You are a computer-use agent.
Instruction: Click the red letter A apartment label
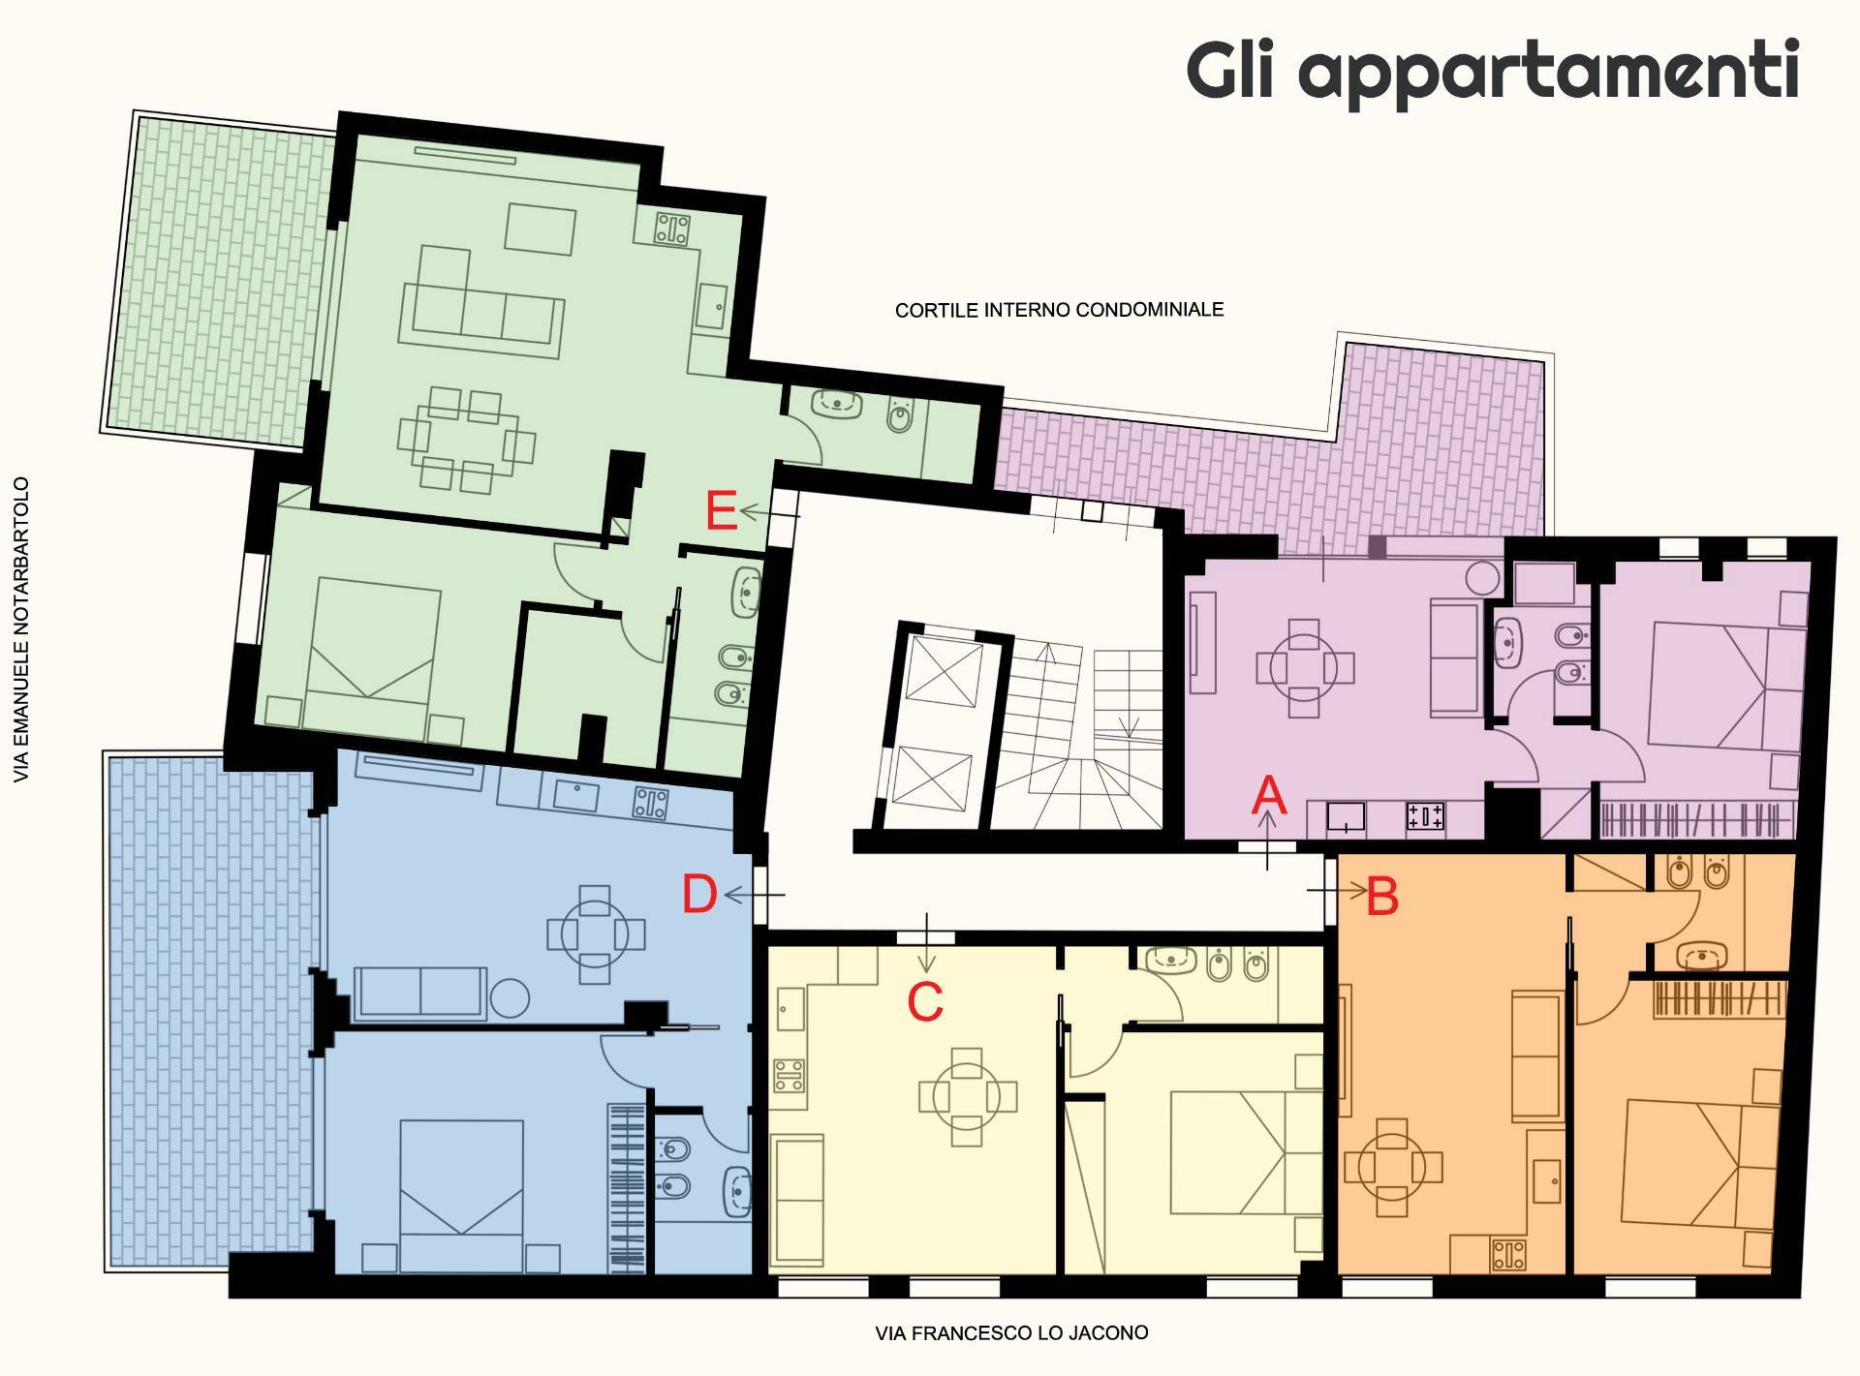coord(1268,796)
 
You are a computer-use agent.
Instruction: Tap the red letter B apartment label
coord(1382,897)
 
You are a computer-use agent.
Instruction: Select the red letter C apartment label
coord(925,1002)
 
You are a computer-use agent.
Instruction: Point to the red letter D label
coord(699,895)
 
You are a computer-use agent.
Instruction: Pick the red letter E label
coord(721,511)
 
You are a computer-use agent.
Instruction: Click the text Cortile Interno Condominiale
coord(1059,311)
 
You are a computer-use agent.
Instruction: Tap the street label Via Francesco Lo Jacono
coord(1011,1333)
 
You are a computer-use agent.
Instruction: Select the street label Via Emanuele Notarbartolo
coord(21,629)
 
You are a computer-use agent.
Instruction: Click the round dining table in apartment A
coord(1305,668)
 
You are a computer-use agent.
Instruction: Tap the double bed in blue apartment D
coord(461,1195)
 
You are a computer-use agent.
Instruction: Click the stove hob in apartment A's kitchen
coord(1425,816)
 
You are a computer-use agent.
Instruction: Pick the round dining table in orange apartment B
coord(1392,1167)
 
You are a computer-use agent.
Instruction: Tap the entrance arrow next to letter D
coord(754,896)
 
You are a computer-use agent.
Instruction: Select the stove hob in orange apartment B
coord(1509,1256)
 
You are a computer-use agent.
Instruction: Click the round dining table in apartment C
coord(967,1096)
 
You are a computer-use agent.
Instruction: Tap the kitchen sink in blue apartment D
coord(575,795)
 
